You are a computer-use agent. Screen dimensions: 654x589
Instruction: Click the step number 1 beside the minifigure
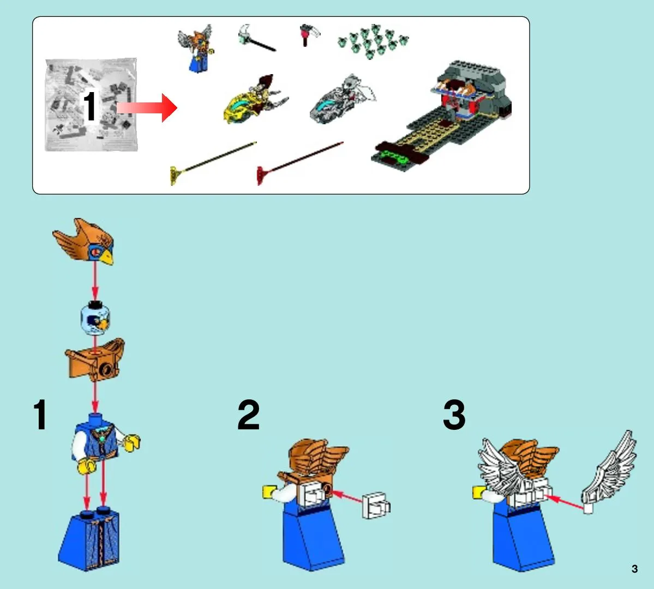[x=40, y=415]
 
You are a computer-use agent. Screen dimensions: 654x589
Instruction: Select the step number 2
[x=249, y=415]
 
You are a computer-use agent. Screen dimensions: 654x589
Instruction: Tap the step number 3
[x=454, y=415]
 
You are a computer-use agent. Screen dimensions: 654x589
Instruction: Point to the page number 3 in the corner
[x=634, y=569]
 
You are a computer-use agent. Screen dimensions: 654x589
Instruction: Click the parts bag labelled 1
[x=91, y=105]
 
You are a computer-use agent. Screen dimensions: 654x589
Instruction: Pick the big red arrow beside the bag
[x=147, y=108]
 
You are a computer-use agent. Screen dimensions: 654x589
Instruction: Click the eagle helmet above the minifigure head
[x=85, y=241]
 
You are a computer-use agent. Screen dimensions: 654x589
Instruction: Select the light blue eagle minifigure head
[x=95, y=318]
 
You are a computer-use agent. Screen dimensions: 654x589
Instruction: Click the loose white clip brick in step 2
[x=376, y=506]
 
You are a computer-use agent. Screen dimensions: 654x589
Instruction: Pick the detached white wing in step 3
[x=608, y=473]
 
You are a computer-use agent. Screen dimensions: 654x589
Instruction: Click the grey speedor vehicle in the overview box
[x=342, y=100]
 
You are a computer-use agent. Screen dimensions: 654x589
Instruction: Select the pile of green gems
[x=373, y=41]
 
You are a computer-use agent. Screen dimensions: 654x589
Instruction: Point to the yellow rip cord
[x=213, y=163]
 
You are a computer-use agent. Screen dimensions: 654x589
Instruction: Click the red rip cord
[x=299, y=163]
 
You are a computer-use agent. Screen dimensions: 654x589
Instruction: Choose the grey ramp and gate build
[x=442, y=117]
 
